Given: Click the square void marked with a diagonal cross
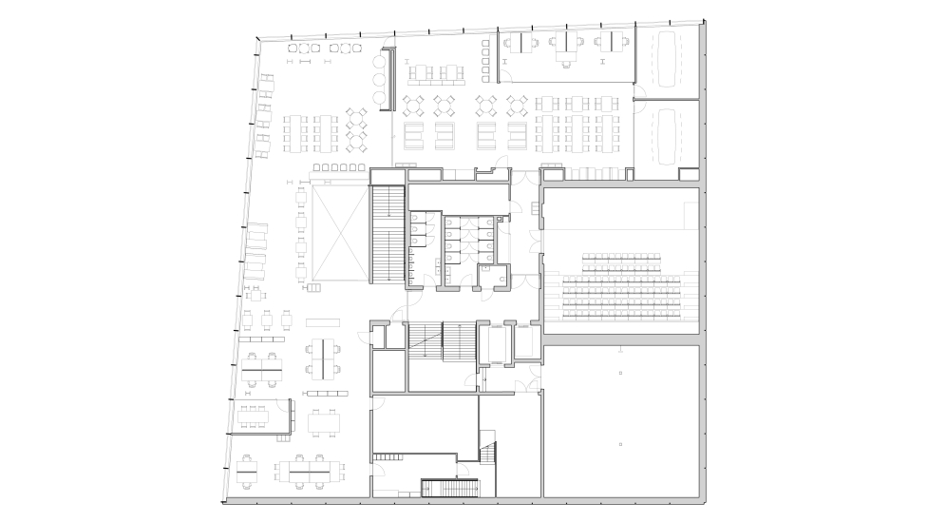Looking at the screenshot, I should click(x=337, y=234).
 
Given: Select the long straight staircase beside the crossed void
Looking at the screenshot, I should click(x=385, y=234).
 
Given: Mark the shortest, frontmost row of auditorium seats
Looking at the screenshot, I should click(x=621, y=258).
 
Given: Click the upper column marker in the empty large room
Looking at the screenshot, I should click(x=619, y=374).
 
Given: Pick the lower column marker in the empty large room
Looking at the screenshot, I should click(x=619, y=444).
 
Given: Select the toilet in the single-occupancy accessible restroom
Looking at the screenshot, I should click(x=486, y=270).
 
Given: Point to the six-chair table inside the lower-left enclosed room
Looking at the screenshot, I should click(x=255, y=415).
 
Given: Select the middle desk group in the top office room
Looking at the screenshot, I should click(x=567, y=44).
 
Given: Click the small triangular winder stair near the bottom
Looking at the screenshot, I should click(x=489, y=454).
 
